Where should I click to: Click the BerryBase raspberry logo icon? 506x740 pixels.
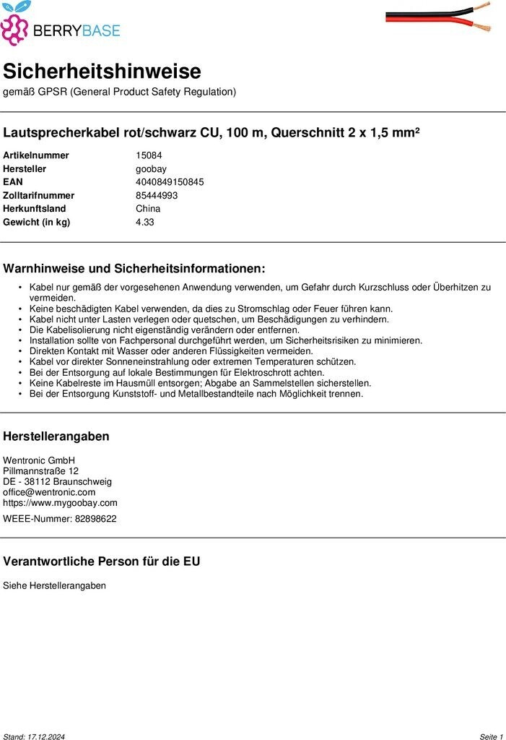15,24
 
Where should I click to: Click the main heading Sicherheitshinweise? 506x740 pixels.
102,71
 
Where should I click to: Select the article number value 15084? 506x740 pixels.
149,155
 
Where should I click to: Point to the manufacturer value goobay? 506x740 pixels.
151,168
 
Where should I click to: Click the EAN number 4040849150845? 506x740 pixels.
170,182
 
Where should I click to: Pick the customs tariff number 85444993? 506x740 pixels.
157,195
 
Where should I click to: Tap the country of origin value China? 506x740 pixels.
148,209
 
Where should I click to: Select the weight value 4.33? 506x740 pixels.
144,222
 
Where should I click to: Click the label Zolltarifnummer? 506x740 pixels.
38,195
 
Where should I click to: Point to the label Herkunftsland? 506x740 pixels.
34,209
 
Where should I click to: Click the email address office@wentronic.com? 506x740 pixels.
49,492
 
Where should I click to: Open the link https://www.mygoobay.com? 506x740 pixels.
60,503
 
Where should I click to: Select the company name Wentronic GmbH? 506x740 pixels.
39,460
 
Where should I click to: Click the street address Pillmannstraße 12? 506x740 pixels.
40,471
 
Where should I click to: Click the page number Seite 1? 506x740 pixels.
491,736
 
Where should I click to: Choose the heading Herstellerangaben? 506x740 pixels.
56,436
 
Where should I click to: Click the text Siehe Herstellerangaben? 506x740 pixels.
54,585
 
